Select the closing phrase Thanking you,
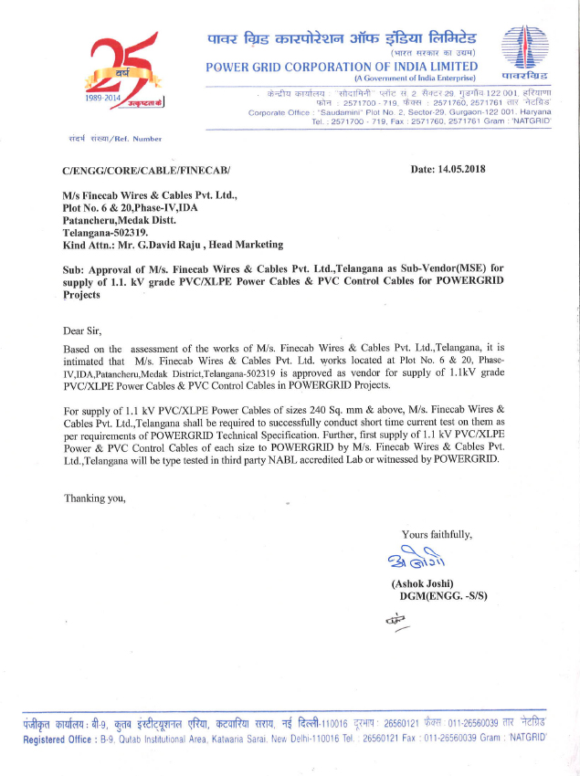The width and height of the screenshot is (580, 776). (94, 498)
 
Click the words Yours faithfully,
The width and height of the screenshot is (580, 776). (437, 534)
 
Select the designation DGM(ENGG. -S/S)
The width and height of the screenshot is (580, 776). (445, 596)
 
